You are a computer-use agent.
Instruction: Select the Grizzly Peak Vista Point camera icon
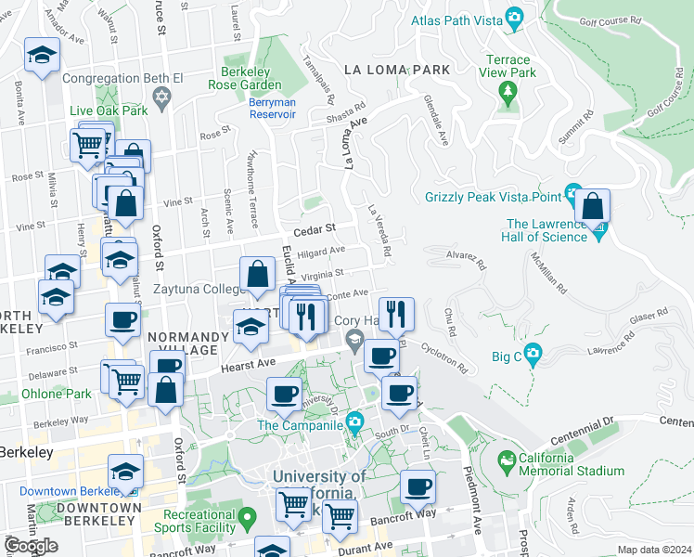tap(573, 196)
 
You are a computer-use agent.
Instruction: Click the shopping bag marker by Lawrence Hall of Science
tap(591, 206)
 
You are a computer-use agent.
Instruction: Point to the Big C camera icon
tap(532, 354)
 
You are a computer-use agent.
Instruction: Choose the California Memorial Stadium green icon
tap(506, 460)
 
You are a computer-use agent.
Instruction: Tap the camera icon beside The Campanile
tap(354, 425)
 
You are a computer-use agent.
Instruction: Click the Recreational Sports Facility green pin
tap(247, 515)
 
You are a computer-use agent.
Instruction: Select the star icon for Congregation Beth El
tap(161, 97)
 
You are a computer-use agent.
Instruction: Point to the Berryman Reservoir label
tap(272, 109)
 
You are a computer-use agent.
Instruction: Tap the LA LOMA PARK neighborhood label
tap(396, 70)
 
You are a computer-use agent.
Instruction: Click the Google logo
tap(31, 546)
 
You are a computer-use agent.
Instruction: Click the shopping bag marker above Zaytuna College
tap(257, 275)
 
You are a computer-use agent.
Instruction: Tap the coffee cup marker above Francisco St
tap(122, 320)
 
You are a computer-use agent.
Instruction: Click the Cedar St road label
tap(313, 227)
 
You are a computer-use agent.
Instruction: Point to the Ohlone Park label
tap(58, 394)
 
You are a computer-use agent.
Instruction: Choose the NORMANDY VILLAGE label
tap(182, 343)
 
